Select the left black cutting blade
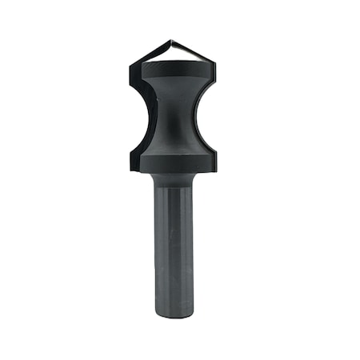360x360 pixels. (134, 112)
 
